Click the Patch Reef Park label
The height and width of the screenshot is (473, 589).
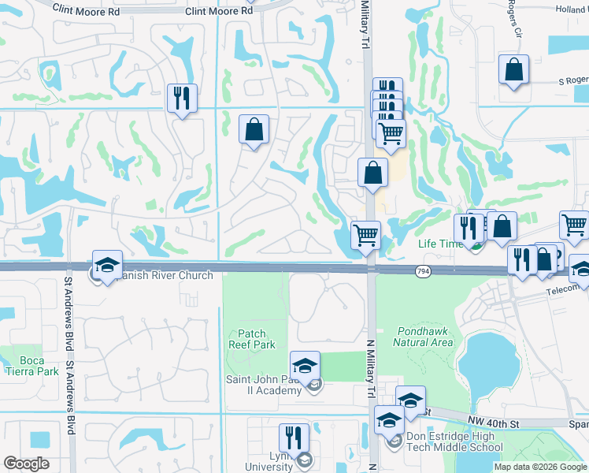click(251, 340)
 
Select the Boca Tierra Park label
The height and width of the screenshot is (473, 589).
click(32, 366)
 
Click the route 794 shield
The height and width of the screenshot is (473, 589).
click(423, 271)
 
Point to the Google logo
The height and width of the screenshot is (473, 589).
click(26, 464)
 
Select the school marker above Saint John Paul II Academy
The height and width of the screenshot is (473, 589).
click(305, 365)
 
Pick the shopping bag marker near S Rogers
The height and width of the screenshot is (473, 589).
click(513, 69)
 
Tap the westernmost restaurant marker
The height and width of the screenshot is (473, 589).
click(182, 98)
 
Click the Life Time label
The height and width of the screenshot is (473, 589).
click(439, 244)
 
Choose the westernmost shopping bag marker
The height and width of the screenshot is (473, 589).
click(254, 129)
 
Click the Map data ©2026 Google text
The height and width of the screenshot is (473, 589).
click(541, 467)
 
